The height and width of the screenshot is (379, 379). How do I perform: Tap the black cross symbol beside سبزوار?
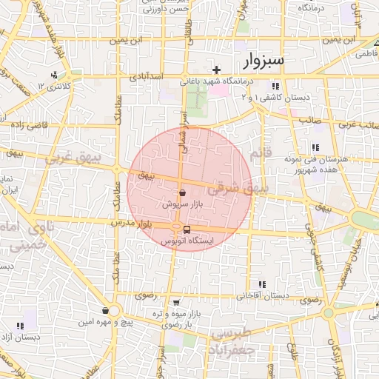point(216,70)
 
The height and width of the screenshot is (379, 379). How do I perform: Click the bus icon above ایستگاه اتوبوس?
point(187,229)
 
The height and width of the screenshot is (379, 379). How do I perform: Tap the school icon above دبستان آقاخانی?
point(262,284)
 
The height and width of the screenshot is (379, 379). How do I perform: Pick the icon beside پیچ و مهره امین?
point(108,311)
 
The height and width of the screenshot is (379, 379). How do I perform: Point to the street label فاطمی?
point(366,54)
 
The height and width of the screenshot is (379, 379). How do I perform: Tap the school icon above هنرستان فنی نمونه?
point(316,147)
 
